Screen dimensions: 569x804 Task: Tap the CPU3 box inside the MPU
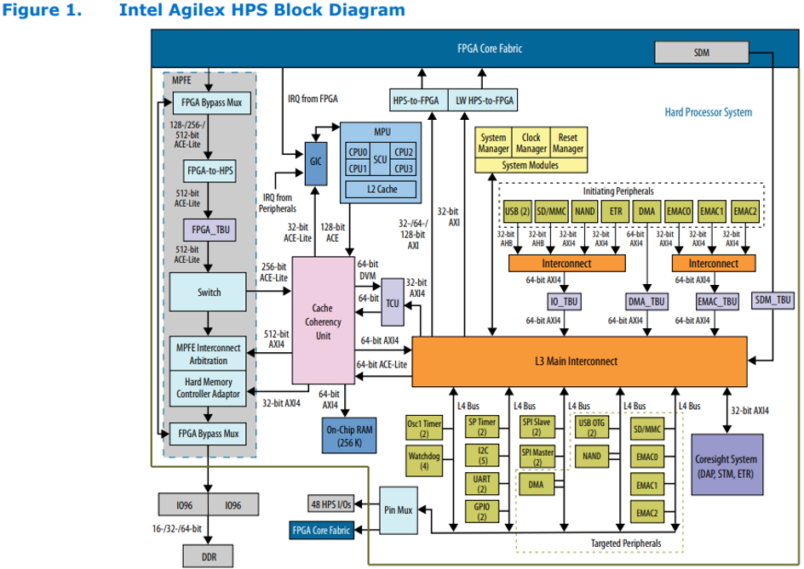pyautogui.click(x=404, y=168)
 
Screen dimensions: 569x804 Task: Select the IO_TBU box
pyautogui.click(x=563, y=300)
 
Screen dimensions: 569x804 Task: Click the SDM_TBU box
pyautogui.click(x=773, y=299)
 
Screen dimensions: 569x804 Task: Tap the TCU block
pyautogui.click(x=392, y=301)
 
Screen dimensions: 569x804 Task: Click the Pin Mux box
pyautogui.click(x=399, y=509)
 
